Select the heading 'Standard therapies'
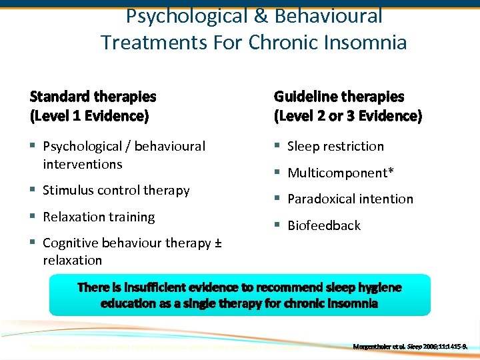click(93, 97)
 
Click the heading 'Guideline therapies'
click(339, 97)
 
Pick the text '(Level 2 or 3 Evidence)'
click(347, 116)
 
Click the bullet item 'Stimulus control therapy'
click(116, 191)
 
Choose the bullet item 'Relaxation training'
click(99, 217)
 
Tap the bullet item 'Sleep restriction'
click(335, 146)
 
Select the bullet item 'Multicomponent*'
click(340, 173)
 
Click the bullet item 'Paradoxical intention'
click(350, 199)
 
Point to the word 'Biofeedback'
click(323, 225)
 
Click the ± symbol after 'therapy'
click(217, 243)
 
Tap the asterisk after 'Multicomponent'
click(391, 171)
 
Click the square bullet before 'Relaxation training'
click(33, 217)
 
